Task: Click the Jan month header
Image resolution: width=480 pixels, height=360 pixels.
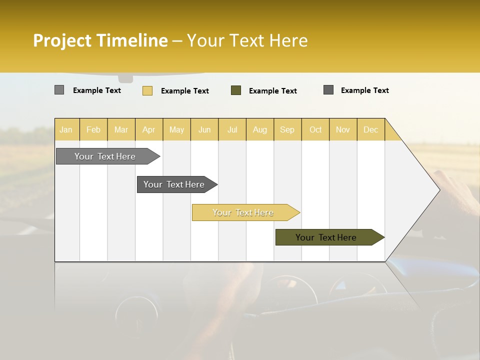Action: coord(66,129)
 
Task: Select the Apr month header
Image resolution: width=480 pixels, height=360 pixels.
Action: coord(148,129)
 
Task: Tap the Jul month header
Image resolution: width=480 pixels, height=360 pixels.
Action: coord(232,129)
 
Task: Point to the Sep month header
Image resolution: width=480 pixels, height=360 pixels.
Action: coord(287,129)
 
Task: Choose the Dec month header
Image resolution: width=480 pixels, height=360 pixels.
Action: coord(370,129)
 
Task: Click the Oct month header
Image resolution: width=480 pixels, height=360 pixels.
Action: coord(315,129)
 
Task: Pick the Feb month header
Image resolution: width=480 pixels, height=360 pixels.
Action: coord(93,129)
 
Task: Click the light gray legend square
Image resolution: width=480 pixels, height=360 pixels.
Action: coord(59,90)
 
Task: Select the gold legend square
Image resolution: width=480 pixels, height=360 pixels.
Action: coord(147,90)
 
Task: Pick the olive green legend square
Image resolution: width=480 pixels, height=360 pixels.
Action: coord(236,90)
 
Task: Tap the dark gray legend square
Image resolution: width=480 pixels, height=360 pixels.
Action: coord(328,90)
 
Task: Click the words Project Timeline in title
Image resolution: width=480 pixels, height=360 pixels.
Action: coord(100,40)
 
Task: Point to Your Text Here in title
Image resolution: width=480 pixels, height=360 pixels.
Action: coord(247,40)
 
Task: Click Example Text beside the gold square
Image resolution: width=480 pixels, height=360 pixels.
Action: coord(184,91)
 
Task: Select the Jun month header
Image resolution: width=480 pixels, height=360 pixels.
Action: coord(204,129)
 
